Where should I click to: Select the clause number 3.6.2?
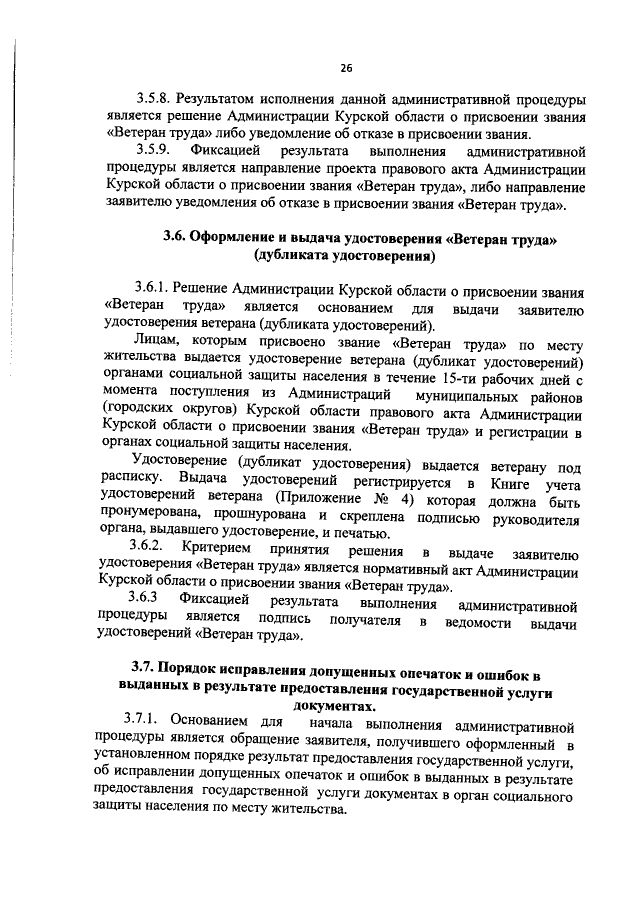click(152, 552)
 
